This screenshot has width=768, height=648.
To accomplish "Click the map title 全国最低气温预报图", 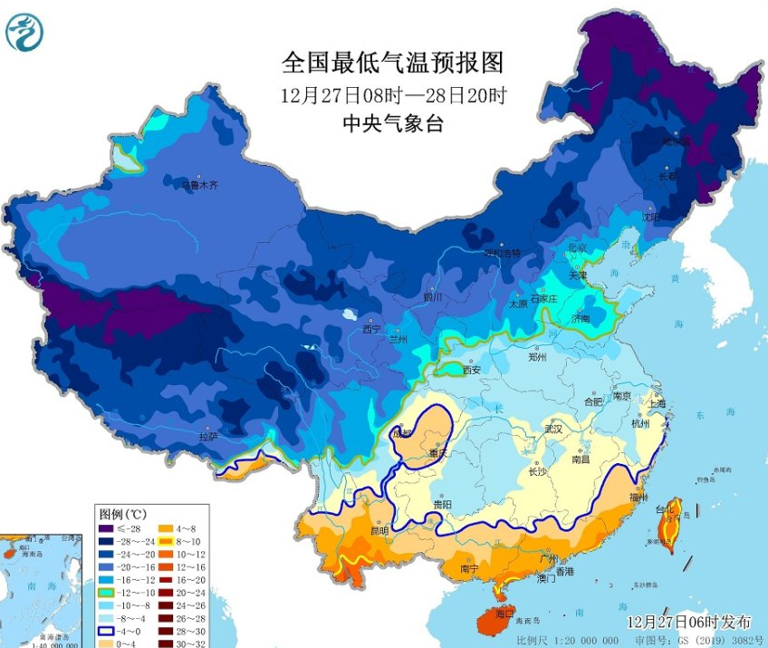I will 392,63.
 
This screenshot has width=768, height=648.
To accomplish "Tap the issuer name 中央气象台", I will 392,124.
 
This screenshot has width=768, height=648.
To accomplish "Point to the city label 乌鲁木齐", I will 199,186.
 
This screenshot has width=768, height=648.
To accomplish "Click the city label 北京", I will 577,247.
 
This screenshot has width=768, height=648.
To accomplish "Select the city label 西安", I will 472,370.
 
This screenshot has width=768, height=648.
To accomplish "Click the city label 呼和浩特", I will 502,253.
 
